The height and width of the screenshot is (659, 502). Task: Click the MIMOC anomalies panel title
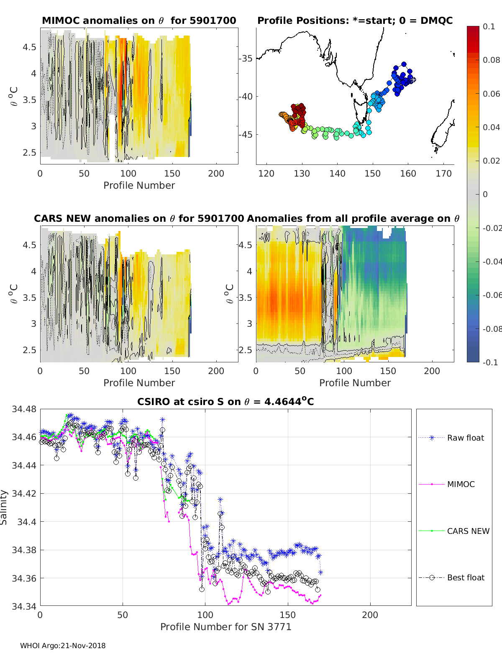click(139, 21)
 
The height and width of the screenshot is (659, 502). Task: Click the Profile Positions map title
click(355, 21)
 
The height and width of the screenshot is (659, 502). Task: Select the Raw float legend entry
click(465, 438)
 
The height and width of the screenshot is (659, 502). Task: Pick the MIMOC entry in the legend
click(461, 484)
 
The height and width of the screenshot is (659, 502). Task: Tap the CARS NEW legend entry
click(468, 531)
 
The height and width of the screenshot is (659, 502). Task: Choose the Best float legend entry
click(465, 577)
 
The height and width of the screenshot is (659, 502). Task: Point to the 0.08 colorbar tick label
click(491, 60)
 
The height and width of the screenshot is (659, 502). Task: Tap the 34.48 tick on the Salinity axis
click(24, 409)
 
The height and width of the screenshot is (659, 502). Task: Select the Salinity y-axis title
click(4, 507)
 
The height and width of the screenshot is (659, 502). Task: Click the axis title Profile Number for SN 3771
click(225, 627)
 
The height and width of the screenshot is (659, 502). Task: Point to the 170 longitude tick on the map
click(443, 174)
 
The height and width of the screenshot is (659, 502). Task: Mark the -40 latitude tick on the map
click(246, 96)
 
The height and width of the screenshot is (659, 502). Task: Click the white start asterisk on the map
click(412, 79)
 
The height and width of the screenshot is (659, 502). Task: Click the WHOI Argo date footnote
click(63, 646)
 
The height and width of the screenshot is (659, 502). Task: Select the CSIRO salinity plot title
click(225, 402)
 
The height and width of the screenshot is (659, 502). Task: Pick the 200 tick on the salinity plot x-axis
click(370, 615)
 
